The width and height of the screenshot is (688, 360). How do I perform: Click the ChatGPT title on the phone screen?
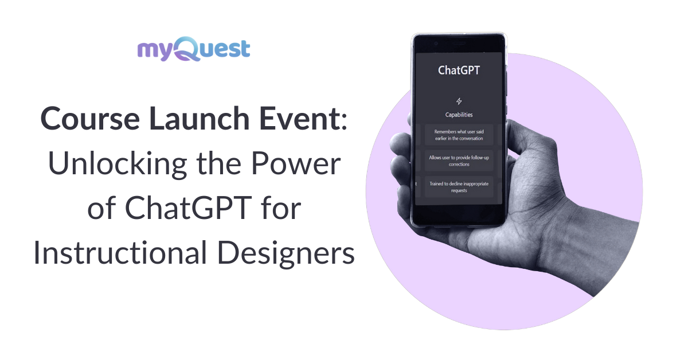[x=459, y=71]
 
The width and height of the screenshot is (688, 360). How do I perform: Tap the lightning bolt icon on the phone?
[x=459, y=101]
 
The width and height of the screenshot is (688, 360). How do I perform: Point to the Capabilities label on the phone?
[x=459, y=115]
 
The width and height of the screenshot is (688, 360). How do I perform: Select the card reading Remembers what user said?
[x=459, y=135]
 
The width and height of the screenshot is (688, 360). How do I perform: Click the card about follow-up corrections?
[x=459, y=161]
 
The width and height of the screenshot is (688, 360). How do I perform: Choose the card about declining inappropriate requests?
[x=459, y=186]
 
